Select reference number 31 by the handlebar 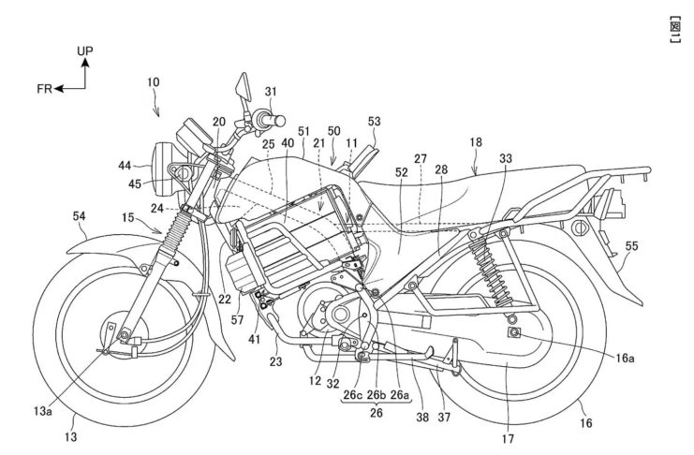[272, 92]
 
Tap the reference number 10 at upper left [153, 82]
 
